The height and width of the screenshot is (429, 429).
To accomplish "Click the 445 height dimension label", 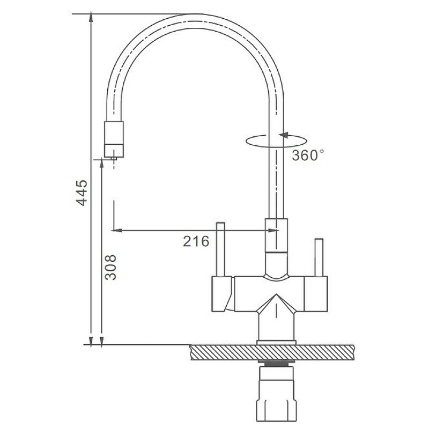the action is tap(82, 193).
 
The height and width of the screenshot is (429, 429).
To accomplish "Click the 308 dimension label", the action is tap(110, 267).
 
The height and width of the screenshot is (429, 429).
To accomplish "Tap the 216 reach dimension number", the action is tap(196, 241).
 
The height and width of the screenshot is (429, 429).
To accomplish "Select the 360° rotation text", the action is tap(307, 156).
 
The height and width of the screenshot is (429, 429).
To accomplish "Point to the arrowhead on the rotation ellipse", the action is tap(284, 135).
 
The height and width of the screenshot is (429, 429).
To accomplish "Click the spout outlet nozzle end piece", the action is tap(114, 139).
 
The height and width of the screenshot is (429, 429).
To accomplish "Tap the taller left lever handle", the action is tap(220, 249).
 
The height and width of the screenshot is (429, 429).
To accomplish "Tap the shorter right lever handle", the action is tap(319, 257).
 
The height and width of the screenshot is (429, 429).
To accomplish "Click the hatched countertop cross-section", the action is tap(272, 352).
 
